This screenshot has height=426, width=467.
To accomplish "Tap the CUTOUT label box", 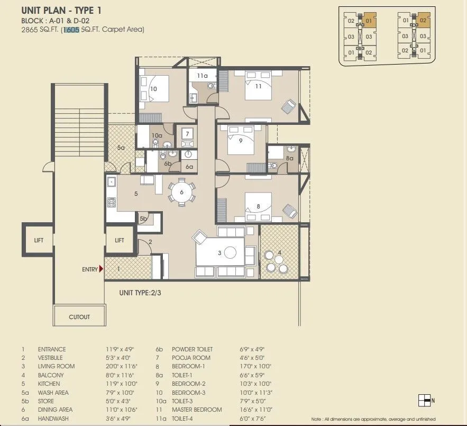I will point(79,317).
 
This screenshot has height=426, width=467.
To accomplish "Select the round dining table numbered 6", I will point(181,192).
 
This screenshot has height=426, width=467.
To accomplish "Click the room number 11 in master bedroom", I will point(259,86).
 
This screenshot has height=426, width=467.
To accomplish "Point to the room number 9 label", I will point(240,141).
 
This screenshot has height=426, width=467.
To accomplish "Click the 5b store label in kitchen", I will point(143,219).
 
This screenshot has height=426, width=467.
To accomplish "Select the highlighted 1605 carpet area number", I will point(71,30).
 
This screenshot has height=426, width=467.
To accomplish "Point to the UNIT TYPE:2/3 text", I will point(139,292).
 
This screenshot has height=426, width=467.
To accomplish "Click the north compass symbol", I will point(424,400).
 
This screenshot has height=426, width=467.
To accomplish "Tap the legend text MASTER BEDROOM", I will point(197,410).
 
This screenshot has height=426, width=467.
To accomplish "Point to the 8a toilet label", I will point(289,158).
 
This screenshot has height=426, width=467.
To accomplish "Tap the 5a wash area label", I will point(121,148).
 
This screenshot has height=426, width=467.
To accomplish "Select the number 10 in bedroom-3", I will point(153,89).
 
